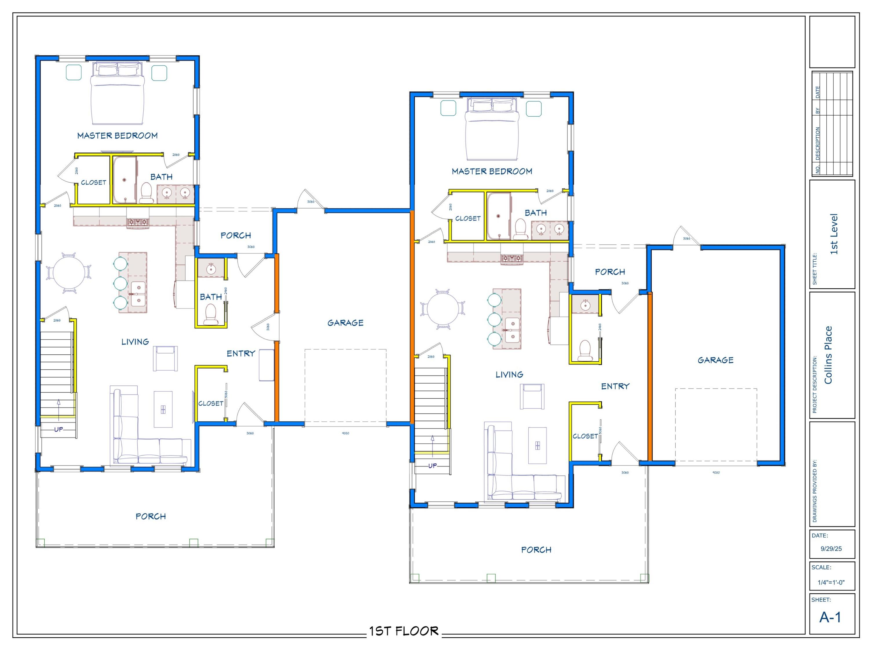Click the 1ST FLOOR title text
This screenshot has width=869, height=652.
pyautogui.click(x=404, y=631)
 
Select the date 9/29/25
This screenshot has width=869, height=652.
pyautogui.click(x=831, y=549)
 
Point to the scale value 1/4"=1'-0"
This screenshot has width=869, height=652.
pyautogui.click(x=831, y=582)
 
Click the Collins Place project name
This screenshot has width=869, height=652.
pyautogui.click(x=828, y=355)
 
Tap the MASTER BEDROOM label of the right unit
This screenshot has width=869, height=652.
pyautogui.click(x=492, y=171)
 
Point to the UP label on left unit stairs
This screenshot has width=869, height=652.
pyautogui.click(x=59, y=429)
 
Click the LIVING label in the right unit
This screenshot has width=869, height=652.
pyautogui.click(x=509, y=374)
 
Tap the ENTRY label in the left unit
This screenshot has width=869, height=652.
pyautogui.click(x=241, y=353)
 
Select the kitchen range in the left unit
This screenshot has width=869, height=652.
pyautogui.click(x=138, y=223)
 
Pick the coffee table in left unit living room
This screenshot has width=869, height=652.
pyautogui.click(x=163, y=409)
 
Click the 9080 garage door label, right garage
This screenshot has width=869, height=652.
pyautogui.click(x=716, y=472)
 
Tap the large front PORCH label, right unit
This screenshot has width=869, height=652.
pyautogui.click(x=536, y=550)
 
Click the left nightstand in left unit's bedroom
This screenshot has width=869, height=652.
pyautogui.click(x=74, y=72)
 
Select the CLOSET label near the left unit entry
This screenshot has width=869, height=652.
pyautogui.click(x=211, y=403)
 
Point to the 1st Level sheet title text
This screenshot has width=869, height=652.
pyautogui.click(x=834, y=234)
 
